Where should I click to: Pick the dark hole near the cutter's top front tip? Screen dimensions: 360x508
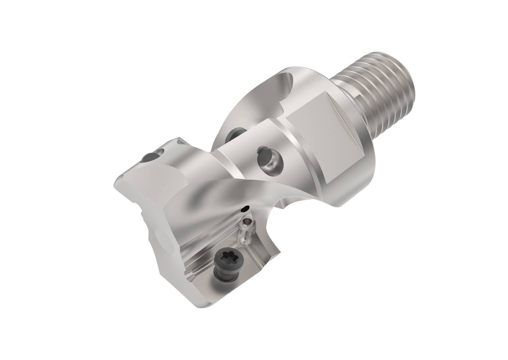(149, 158)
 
